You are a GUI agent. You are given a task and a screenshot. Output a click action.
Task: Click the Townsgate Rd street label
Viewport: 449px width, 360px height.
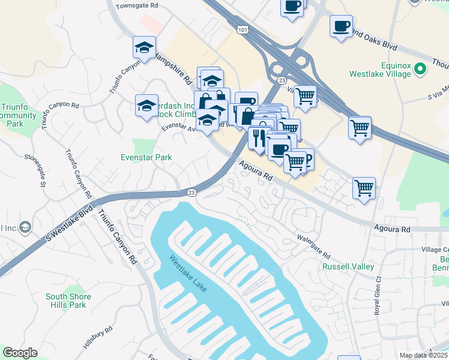(137, 5)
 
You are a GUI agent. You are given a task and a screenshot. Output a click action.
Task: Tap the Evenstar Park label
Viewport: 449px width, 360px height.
(146, 157)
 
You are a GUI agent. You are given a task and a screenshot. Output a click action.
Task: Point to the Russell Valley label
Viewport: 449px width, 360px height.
(348, 266)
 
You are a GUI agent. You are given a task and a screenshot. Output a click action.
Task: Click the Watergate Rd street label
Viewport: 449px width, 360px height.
(313, 247)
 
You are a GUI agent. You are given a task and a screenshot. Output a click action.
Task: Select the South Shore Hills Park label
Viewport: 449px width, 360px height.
(68, 301)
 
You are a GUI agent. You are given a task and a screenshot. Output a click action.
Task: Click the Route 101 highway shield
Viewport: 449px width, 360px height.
(243, 29)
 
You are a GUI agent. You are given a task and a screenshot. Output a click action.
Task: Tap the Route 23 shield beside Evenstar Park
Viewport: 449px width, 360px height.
(191, 193)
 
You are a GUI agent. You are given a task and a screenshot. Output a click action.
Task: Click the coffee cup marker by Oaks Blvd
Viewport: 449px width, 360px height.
(341, 26)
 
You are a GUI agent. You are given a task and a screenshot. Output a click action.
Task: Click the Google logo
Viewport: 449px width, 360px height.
(20, 353)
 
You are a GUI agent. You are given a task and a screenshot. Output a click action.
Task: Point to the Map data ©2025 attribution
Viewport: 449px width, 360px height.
(423, 356)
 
